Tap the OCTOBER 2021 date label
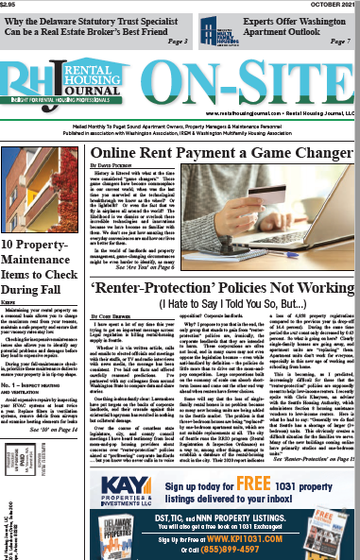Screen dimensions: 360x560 pos(335,5)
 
